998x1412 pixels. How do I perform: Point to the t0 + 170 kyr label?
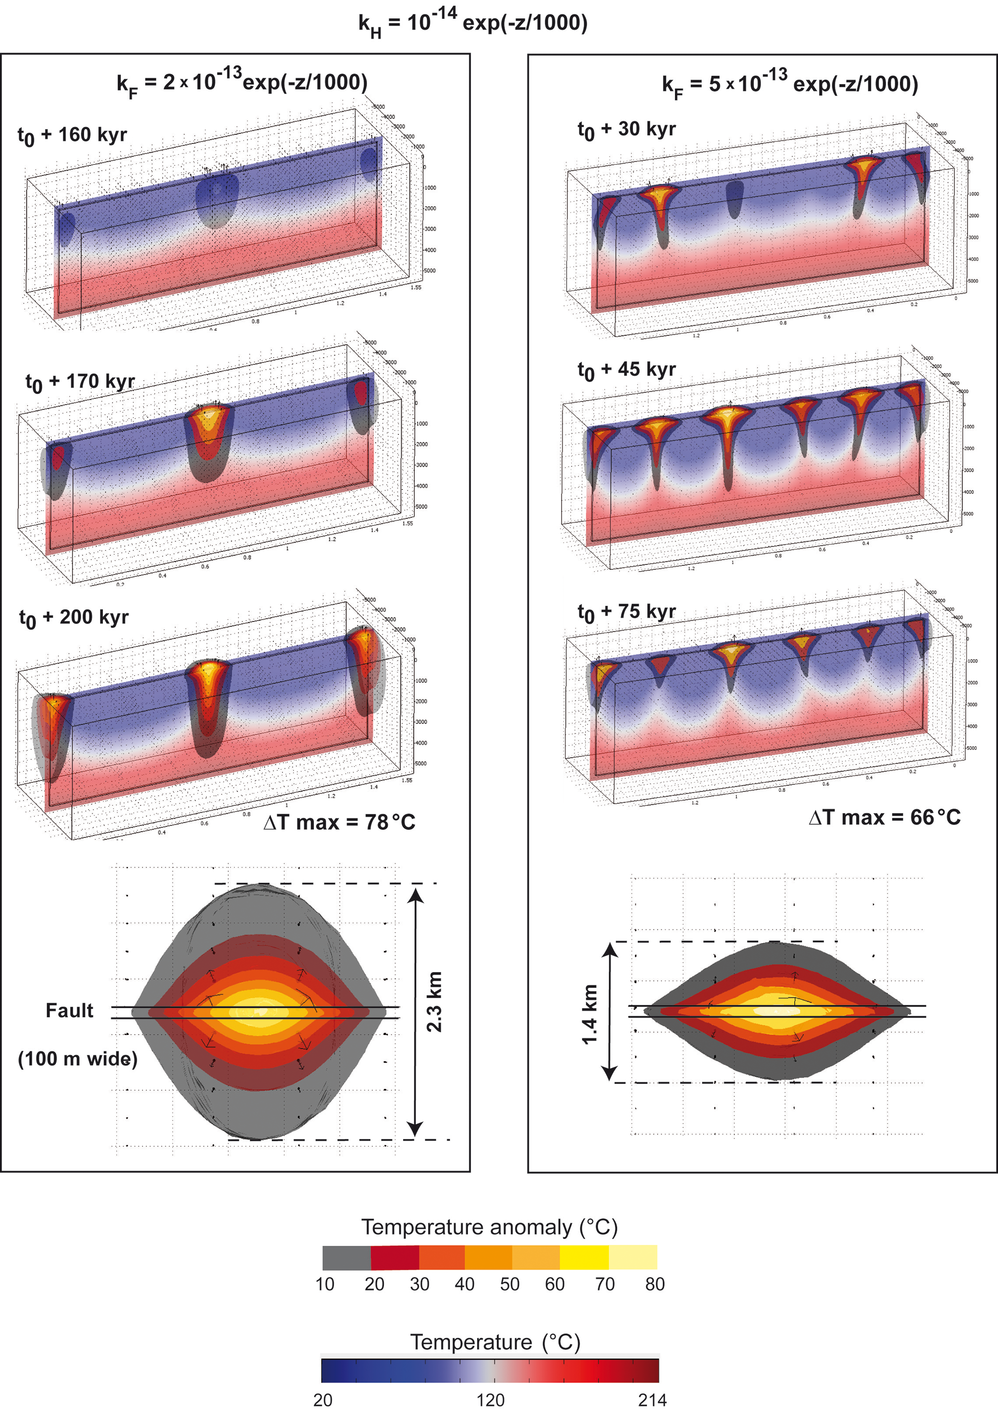point(80,382)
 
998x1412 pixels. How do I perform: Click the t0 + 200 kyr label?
point(74,618)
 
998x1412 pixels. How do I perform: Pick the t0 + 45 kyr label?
point(626,370)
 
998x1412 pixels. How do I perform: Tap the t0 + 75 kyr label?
point(626,612)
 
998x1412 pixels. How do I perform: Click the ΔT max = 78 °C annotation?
point(339,822)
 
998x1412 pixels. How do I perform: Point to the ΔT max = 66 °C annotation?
point(885,817)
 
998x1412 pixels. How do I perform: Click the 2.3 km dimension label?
point(435,1002)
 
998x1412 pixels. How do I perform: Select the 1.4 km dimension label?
point(590,1013)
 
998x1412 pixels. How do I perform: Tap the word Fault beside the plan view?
point(70,1010)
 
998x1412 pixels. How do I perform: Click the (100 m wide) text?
point(77,1059)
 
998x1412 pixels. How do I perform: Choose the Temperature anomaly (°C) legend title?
point(489,1227)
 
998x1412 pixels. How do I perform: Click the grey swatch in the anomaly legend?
point(347,1258)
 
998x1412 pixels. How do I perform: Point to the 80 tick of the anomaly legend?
point(655,1284)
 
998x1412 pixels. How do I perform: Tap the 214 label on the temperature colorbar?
point(652,1400)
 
